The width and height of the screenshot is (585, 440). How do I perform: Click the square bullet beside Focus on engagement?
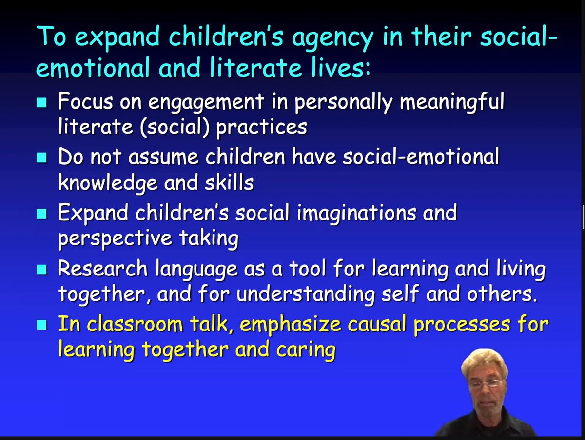click(x=42, y=103)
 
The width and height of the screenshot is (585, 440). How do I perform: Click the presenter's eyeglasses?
click(x=487, y=383)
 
